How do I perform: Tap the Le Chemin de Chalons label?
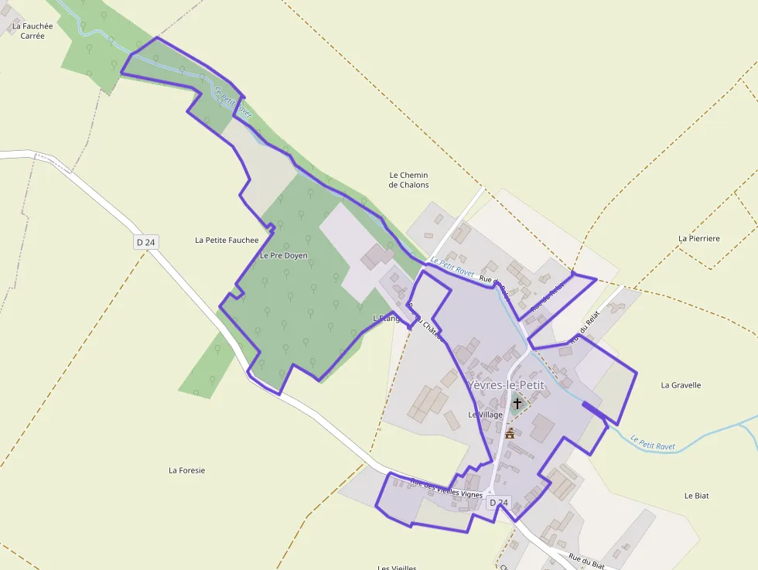click(408, 180)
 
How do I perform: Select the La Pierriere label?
click(698, 238)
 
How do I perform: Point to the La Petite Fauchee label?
click(227, 240)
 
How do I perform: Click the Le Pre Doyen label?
click(283, 255)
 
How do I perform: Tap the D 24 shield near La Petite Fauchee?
click(145, 242)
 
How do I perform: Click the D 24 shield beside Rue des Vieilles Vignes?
click(499, 503)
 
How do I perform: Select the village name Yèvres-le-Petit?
click(506, 384)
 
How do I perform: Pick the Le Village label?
click(485, 415)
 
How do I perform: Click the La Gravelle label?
click(681, 384)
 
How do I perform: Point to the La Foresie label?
click(187, 469)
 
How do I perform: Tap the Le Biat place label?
click(696, 495)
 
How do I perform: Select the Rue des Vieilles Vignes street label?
click(446, 488)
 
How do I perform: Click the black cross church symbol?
click(517, 403)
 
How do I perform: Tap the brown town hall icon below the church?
click(510, 433)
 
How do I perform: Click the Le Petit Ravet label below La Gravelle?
click(653, 442)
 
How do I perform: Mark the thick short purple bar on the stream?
click(593, 409)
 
